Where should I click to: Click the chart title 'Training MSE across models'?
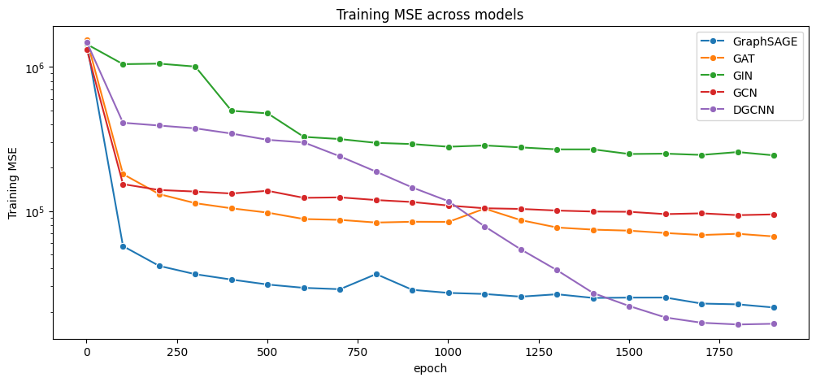[429, 15]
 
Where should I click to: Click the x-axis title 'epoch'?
[430, 369]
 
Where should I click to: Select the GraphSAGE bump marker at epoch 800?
[376, 274]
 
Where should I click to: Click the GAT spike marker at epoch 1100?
[484, 209]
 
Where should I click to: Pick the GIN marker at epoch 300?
[195, 67]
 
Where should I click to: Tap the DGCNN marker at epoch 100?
[124, 123]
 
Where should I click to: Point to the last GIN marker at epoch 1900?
[774, 155]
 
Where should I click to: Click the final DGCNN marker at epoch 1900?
[774, 323]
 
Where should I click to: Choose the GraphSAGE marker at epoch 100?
[124, 246]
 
